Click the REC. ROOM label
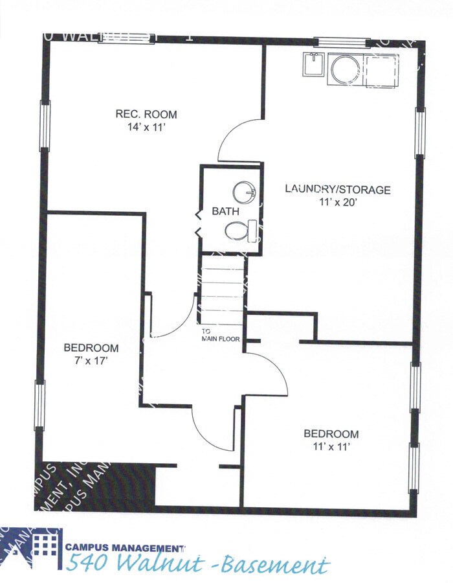tap(146, 115)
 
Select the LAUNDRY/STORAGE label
tap(338, 190)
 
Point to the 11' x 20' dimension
tap(338, 202)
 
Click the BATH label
tap(225, 212)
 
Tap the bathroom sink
tap(245, 191)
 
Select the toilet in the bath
tap(238, 230)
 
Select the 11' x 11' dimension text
tap(331, 446)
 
